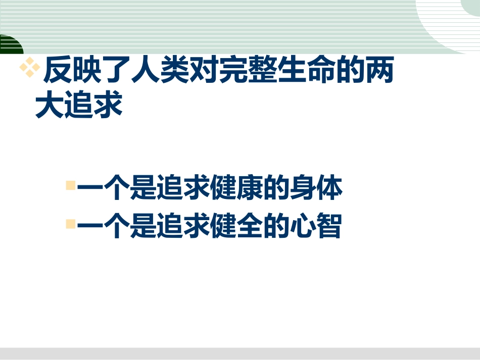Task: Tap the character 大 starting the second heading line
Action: coord(50,106)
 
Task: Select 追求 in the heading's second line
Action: coord(93,106)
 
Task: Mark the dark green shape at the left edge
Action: coord(10,45)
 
